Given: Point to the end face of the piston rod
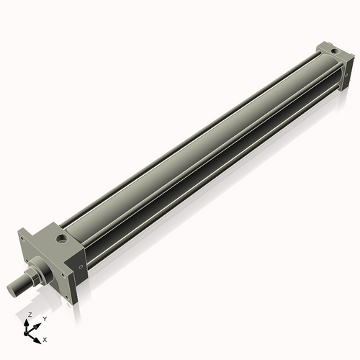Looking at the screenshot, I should (x=12, y=290).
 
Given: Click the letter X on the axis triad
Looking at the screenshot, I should (x=45, y=338).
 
